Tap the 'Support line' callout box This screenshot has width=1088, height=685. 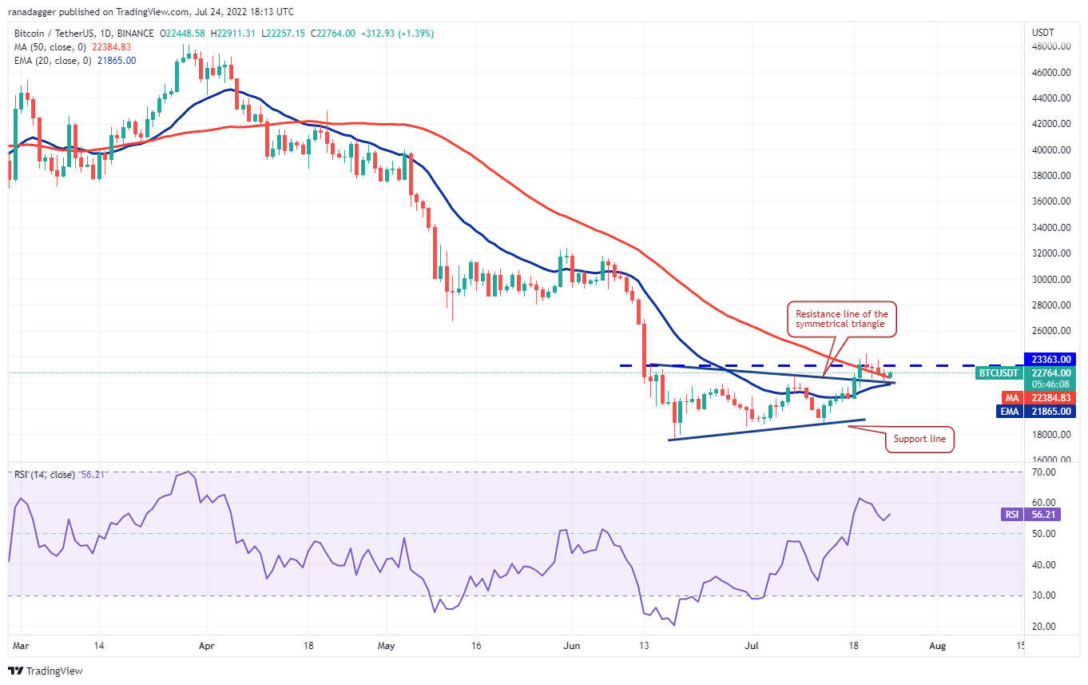(919, 440)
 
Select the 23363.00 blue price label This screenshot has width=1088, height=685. (1054, 360)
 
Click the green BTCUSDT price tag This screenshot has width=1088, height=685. (1000, 372)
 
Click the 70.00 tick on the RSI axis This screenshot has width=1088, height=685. (1042, 472)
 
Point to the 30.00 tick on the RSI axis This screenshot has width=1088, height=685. (1042, 595)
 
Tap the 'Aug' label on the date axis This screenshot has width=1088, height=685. (938, 646)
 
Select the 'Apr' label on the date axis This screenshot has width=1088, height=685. (206, 646)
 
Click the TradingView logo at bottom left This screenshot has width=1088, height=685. (46, 671)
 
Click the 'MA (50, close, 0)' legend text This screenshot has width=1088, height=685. (50, 47)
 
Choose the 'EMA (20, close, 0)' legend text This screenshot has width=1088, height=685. (52, 61)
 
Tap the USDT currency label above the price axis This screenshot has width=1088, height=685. (1043, 32)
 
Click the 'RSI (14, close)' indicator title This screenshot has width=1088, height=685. (45, 475)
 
